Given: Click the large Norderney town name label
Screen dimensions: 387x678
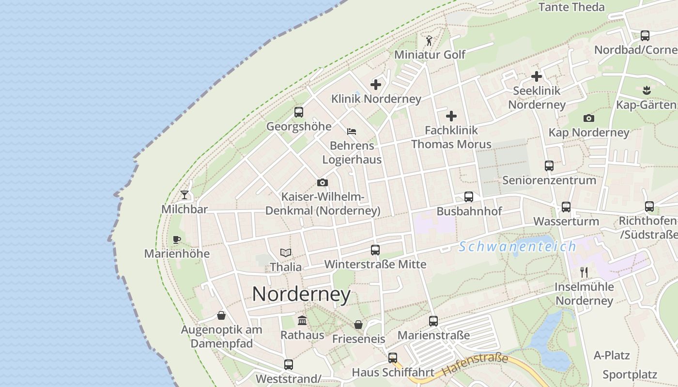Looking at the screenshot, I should (301, 294).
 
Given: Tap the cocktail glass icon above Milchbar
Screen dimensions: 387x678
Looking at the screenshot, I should (185, 194).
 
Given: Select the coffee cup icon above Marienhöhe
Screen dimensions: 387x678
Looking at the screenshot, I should (177, 239).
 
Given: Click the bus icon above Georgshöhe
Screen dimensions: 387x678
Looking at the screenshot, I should (299, 112).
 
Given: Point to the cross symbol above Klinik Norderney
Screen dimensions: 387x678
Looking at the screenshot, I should (376, 85).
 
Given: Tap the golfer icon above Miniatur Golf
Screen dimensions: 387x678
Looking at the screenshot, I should (429, 40).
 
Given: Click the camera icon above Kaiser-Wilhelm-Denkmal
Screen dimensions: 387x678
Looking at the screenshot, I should (323, 182).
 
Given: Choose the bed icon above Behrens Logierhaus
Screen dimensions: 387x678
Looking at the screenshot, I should (352, 131).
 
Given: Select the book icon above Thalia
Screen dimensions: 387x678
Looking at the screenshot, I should (286, 253).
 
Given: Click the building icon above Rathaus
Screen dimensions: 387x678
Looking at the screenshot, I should (303, 320).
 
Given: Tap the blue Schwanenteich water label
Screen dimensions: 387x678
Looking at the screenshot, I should (517, 247).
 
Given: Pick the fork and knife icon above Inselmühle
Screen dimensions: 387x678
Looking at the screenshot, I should (584, 272).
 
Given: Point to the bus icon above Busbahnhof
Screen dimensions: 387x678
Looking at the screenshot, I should (469, 197).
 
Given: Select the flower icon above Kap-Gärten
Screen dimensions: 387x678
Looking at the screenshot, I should (647, 90).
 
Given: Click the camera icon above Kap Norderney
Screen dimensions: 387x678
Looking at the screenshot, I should (589, 118).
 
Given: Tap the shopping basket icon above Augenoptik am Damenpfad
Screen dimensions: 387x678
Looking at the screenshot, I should (221, 315).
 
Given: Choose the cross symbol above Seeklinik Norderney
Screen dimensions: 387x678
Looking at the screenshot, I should (537, 76).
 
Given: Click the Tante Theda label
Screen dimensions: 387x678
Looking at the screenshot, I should (571, 7).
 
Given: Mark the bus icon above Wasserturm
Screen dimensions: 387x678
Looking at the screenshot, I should (566, 207).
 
